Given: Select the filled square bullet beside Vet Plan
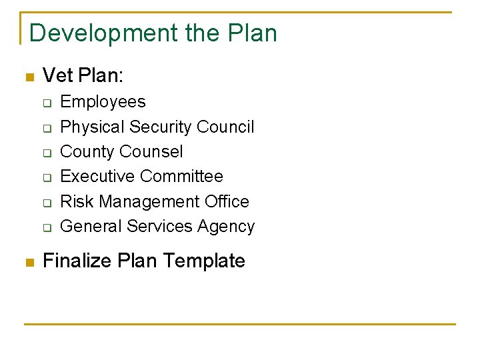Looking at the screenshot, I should point(29,77).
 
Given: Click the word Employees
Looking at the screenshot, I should point(103,102).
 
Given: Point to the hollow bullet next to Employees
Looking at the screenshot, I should point(47,103).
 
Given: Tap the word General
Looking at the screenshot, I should point(91,226).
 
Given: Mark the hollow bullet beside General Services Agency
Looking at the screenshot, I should point(47,228).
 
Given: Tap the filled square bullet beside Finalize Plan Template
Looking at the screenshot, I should point(29,262).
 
